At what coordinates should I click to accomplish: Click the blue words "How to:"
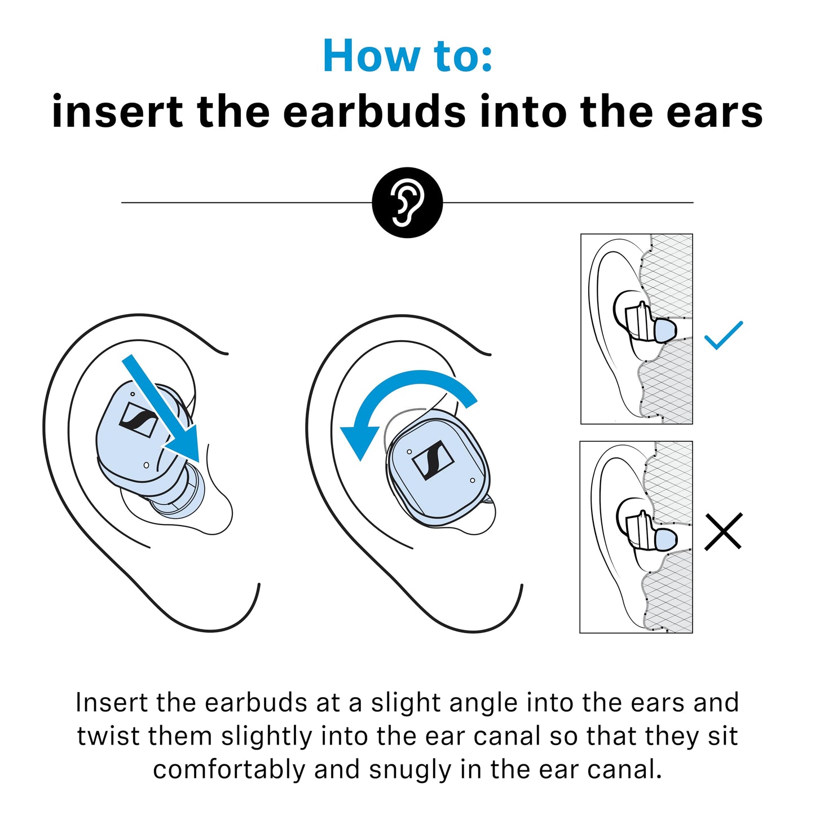point(407,56)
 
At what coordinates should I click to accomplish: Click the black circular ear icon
point(407,202)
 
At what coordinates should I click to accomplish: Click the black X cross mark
point(723,531)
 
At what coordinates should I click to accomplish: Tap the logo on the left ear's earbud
point(138,420)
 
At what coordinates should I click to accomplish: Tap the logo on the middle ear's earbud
point(433,460)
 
